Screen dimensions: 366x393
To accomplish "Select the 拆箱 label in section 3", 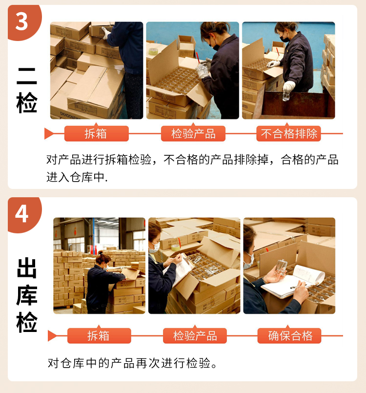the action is click(97, 134).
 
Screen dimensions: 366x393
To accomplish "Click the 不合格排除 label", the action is click(288, 134).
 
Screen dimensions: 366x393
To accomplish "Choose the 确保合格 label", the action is click(289, 335).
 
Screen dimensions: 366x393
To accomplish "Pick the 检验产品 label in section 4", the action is click(195, 335).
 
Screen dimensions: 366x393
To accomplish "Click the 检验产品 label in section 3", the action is click(193, 134).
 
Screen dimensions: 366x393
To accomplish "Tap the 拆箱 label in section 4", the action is click(99, 335).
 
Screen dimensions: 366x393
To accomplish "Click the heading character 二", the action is click(27, 76).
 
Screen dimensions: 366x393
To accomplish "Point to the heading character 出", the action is click(27, 268).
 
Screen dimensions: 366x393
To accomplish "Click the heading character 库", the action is click(27, 295).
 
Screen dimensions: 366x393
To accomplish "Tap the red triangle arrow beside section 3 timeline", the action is click(49, 133).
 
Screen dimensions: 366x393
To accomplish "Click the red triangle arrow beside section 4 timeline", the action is click(52, 335).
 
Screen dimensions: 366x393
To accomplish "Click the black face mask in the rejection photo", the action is click(285, 39).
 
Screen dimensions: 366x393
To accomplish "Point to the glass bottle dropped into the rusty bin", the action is click(286, 96).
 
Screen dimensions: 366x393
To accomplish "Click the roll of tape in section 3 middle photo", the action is click(153, 51).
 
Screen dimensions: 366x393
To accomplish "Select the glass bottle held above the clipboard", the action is click(281, 267).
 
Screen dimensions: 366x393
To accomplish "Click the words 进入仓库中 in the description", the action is click(75, 177).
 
